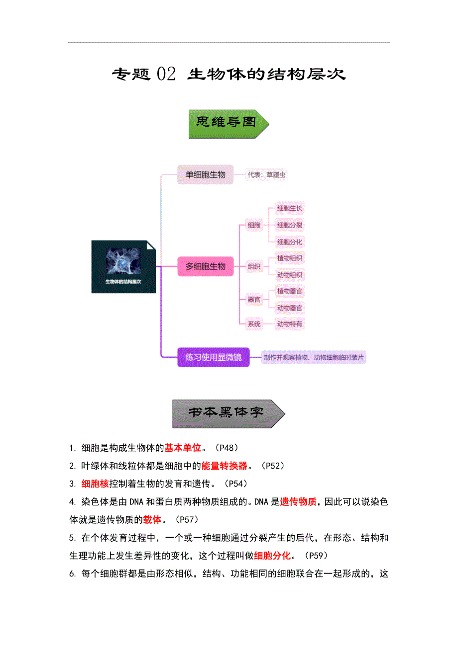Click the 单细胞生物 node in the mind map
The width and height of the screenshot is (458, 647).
pos(206,174)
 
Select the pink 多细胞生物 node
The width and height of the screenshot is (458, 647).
pos(206,266)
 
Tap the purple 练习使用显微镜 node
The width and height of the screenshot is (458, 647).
pos(213,357)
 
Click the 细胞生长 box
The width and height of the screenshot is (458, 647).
pos(290,208)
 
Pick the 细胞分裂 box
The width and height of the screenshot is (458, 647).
pos(290,225)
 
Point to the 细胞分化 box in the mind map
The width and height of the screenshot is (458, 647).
pos(290,242)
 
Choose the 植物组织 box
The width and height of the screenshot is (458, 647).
pos(290,258)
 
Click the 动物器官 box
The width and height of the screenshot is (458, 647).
pos(290,308)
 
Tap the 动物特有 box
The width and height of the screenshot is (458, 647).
pos(290,324)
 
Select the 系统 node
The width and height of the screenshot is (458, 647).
pos(254,324)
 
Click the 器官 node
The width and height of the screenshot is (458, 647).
pos(254,300)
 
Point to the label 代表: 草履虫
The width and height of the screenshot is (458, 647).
pos(266,175)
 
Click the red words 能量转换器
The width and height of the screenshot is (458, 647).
pos(225,466)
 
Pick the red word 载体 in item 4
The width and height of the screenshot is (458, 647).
pos(152,519)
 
